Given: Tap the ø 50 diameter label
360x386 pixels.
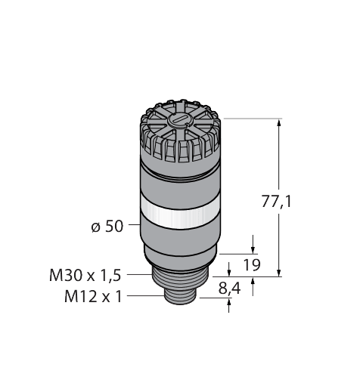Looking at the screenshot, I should pos(107,226).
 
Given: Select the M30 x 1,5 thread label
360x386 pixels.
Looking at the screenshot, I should pos(85,276).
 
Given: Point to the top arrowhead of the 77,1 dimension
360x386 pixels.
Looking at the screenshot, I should pos(281,122).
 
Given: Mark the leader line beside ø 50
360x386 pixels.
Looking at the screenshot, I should pos(133,225).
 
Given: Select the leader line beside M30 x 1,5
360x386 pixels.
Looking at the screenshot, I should pos(138,276).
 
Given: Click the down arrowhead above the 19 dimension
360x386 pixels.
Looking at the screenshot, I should pos(253,247).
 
